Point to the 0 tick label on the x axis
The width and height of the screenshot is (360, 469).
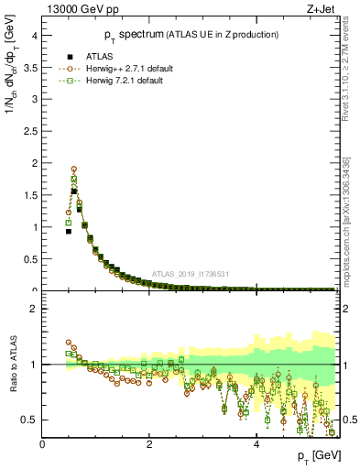42,443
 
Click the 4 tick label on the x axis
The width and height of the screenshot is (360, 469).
256,443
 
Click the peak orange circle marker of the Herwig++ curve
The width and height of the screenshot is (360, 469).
74,169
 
